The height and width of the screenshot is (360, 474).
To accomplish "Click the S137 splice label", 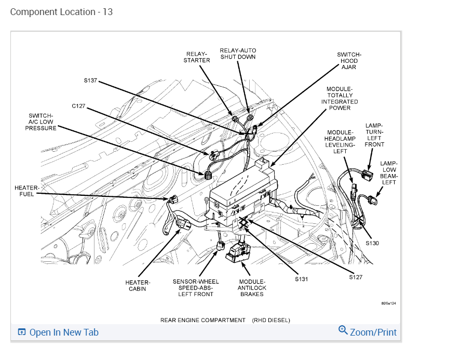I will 90,81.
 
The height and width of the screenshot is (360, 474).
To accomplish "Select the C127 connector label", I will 78,106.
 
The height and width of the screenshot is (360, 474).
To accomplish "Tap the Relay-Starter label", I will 197,57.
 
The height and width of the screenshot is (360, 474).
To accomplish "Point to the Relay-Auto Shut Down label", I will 238,54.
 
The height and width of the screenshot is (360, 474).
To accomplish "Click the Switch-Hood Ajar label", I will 349,61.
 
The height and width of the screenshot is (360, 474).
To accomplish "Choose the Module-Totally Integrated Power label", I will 340,98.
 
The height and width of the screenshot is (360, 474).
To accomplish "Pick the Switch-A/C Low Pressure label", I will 41,122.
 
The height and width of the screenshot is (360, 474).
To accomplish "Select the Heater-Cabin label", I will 138,286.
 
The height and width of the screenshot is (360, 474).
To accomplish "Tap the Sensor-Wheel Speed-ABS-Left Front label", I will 196,288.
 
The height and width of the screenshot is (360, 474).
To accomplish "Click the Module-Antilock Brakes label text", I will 252,287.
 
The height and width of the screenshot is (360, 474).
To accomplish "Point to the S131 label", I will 301,279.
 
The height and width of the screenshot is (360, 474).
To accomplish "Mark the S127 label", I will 356,277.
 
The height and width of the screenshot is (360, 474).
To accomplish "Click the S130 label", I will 372,243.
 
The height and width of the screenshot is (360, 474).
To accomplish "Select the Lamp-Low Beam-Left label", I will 389,173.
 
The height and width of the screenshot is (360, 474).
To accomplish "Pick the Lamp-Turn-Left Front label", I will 374,135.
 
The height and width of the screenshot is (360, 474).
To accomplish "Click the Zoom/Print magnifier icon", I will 343,330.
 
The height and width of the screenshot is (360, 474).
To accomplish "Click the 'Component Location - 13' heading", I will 61,11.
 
